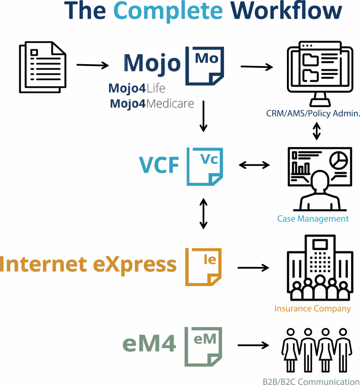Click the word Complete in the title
click(x=168, y=12)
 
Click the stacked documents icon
click(x=43, y=67)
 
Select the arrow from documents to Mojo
click(x=93, y=65)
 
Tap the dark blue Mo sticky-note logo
click(x=204, y=66)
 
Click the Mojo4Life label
click(x=137, y=88)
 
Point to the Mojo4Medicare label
click(x=152, y=104)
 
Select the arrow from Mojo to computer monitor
click(x=257, y=67)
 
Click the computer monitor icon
click(x=320, y=74)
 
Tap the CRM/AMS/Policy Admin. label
click(x=313, y=113)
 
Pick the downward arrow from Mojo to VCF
click(x=203, y=116)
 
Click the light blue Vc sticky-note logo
click(x=205, y=166)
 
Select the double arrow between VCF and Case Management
click(x=254, y=165)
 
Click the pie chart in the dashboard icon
click(x=338, y=160)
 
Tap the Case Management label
click(x=313, y=219)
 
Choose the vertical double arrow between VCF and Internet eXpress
click(x=203, y=214)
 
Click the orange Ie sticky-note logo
click(x=203, y=267)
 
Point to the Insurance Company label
click(x=313, y=308)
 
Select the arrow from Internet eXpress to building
click(x=253, y=267)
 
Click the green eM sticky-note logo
click(x=203, y=347)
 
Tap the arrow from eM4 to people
click(x=253, y=345)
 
